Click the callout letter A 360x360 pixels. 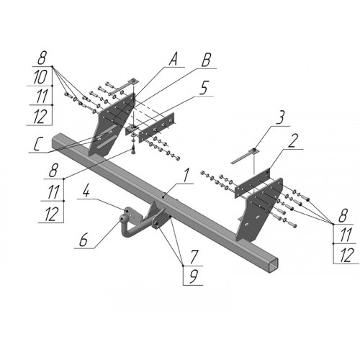(x=173, y=59)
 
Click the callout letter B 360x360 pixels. (x=206, y=60)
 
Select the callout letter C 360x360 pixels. (x=37, y=145)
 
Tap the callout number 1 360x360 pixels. (x=186, y=176)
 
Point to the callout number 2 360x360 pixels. (x=293, y=141)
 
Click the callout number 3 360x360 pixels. (x=280, y=117)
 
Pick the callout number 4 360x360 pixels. (x=86, y=192)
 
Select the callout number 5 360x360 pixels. (x=204, y=88)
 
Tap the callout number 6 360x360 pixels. (x=83, y=240)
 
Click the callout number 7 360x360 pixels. (x=194, y=256)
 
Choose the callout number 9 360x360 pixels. (x=194, y=276)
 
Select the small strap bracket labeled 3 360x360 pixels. (x=244, y=156)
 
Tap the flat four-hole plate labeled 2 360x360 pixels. (x=253, y=184)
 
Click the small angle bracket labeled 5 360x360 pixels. (x=132, y=130)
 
